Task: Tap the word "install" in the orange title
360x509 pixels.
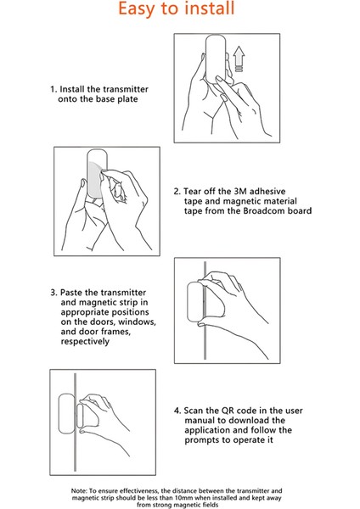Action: pos(209,8)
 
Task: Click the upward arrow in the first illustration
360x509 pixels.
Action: pos(239,59)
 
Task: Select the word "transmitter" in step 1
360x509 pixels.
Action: pos(126,89)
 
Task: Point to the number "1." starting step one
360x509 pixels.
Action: pos(53,89)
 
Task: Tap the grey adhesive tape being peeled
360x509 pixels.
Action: pos(95,178)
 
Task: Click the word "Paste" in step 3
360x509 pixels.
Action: pos(71,293)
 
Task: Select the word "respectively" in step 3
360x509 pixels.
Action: pos(85,342)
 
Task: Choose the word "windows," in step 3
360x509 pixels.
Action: pos(137,322)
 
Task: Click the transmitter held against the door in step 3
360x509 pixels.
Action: pos(195,302)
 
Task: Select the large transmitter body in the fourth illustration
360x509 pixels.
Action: pos(66,414)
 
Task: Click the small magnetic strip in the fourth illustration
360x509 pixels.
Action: pos(80,416)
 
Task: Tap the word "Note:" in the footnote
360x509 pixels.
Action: pos(79,491)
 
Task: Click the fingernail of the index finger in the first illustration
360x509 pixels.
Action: pos(220,79)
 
